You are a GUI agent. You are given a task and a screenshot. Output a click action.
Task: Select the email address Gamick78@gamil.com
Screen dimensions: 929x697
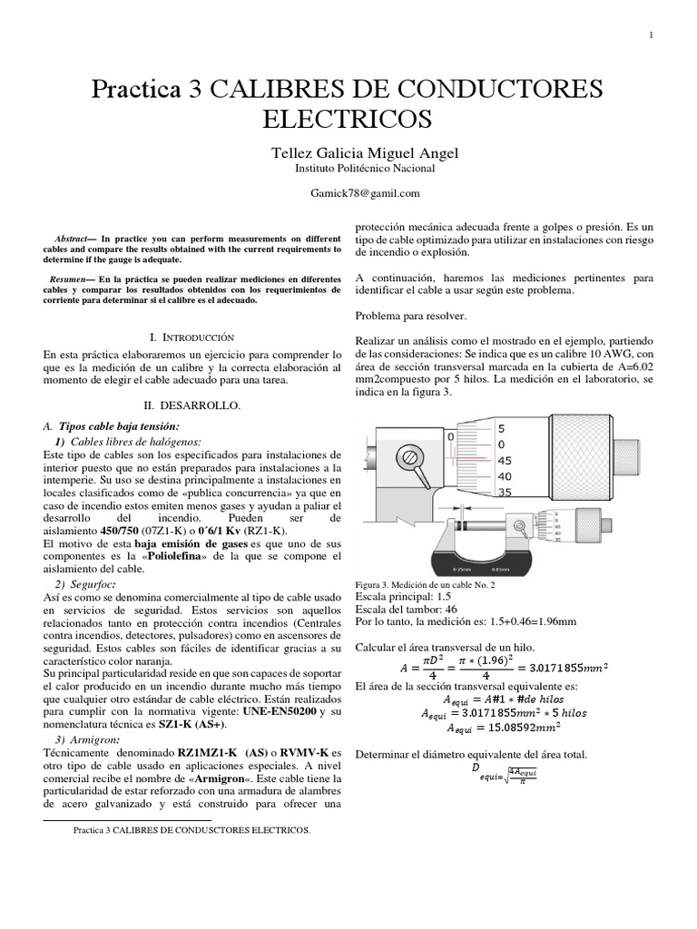click(348, 192)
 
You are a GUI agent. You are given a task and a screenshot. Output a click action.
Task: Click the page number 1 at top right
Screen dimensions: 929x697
click(651, 34)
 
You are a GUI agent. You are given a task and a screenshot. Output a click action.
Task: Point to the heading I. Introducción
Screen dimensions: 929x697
click(191, 336)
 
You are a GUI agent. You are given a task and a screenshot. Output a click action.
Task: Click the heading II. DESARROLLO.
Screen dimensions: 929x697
click(191, 406)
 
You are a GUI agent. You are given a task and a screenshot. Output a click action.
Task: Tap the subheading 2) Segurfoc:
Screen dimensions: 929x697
click(84, 583)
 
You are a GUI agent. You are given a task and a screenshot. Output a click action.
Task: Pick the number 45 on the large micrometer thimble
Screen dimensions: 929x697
click(505, 460)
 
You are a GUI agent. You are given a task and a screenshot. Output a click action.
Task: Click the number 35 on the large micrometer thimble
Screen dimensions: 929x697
click(505, 493)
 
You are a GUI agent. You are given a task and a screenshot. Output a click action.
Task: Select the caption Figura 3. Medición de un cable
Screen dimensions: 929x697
click(426, 585)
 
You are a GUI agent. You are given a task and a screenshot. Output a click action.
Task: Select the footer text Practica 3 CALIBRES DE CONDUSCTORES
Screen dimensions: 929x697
click(191, 829)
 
